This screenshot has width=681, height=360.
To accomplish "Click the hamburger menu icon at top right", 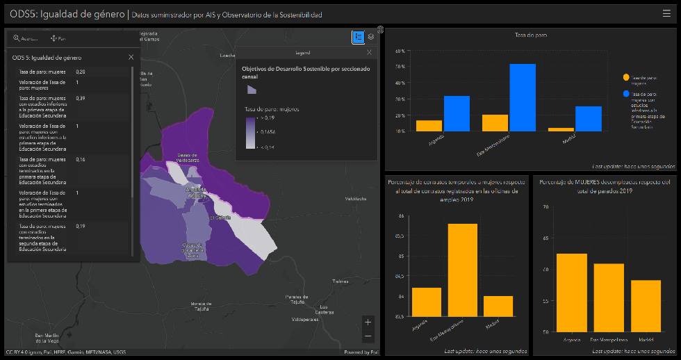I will coord(666,13).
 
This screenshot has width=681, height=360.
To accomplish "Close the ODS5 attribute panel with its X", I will coord(131,57).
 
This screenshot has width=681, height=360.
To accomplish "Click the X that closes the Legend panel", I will coord(369,52).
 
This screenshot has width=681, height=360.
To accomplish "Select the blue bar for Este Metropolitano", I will coord(523,97).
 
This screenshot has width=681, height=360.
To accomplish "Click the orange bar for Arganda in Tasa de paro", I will coord(429,126).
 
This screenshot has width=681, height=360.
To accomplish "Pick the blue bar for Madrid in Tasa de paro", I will coord(588,119).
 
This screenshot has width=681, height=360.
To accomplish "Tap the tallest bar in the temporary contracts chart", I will coord(463,270).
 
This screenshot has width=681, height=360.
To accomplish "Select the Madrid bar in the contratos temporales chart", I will coord(498,306).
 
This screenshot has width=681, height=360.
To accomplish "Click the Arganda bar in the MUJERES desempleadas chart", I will coord(571,293).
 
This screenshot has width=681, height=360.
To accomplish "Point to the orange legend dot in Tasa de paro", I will coord(626,77).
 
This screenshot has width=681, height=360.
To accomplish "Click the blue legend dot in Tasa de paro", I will coord(626,94).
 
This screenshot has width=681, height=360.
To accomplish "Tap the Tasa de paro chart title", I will coord(530,35).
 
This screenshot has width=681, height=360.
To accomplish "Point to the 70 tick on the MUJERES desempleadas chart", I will coord(545,206).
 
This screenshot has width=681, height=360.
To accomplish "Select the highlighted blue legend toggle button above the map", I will coord(358,37).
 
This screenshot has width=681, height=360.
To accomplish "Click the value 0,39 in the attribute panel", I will coord(81,98).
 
